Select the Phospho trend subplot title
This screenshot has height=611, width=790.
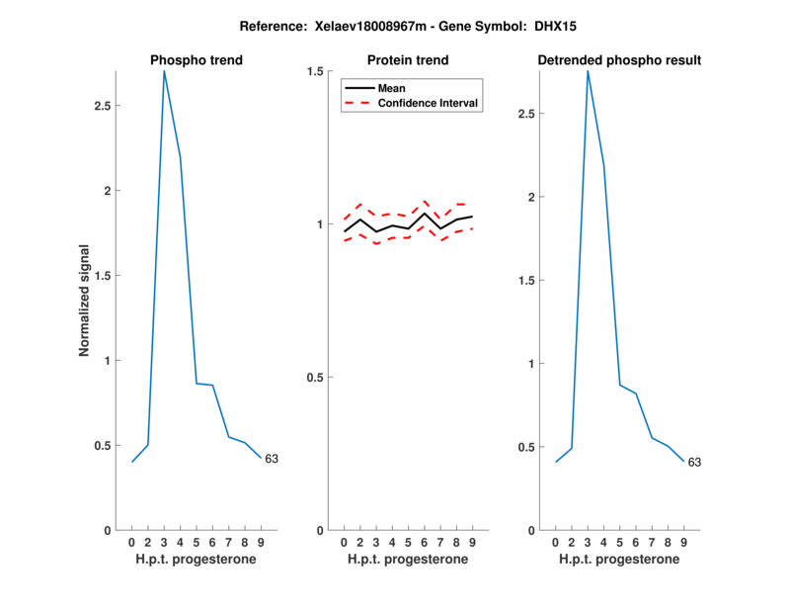point(196,60)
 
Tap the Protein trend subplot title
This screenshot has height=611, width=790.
point(408,60)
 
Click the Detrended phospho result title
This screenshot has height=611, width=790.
point(619,60)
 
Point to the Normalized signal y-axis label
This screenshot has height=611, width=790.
point(85,301)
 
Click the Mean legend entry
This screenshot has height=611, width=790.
point(392,88)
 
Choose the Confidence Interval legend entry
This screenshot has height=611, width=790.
point(429,103)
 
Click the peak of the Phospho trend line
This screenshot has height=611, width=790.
point(164,71)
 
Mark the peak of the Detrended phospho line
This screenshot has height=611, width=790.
point(588,71)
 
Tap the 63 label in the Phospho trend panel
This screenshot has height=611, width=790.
point(272,459)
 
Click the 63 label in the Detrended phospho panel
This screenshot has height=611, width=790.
point(694,462)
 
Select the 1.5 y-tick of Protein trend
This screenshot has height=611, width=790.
point(316,71)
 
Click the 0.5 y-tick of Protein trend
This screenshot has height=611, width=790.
point(316,378)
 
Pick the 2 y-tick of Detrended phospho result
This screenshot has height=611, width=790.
point(531,197)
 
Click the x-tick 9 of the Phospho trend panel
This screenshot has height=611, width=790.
point(261,542)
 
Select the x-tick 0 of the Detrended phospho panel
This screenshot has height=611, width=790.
point(556,542)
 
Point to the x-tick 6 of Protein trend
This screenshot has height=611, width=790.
point(425,542)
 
